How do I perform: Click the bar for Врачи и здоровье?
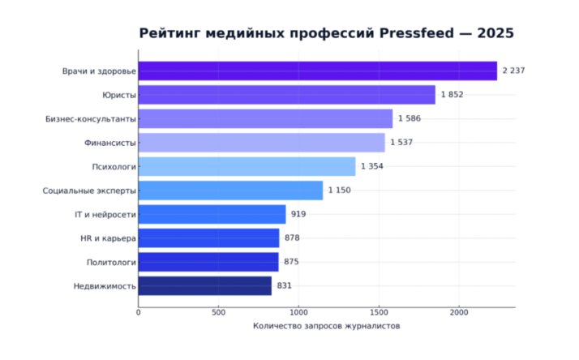[x=317, y=71]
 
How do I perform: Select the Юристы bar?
[x=286, y=95]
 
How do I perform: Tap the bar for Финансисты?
[x=261, y=143]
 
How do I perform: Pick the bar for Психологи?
[x=247, y=167]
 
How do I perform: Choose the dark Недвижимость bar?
[x=204, y=285]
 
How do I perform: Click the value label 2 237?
[x=514, y=71]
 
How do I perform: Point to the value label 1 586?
[x=410, y=119]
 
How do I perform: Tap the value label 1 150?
[x=339, y=191]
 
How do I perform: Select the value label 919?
[x=298, y=214]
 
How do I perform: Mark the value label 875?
[x=292, y=262]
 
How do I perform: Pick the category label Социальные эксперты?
[x=89, y=191]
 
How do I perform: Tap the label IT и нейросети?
[x=105, y=214]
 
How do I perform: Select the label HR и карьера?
[x=108, y=238]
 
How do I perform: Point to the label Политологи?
[x=112, y=262]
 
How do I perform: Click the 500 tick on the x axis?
[x=218, y=312]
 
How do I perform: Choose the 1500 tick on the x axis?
[x=379, y=312]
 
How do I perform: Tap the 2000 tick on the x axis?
[x=459, y=312]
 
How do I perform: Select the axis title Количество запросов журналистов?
[x=327, y=326]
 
